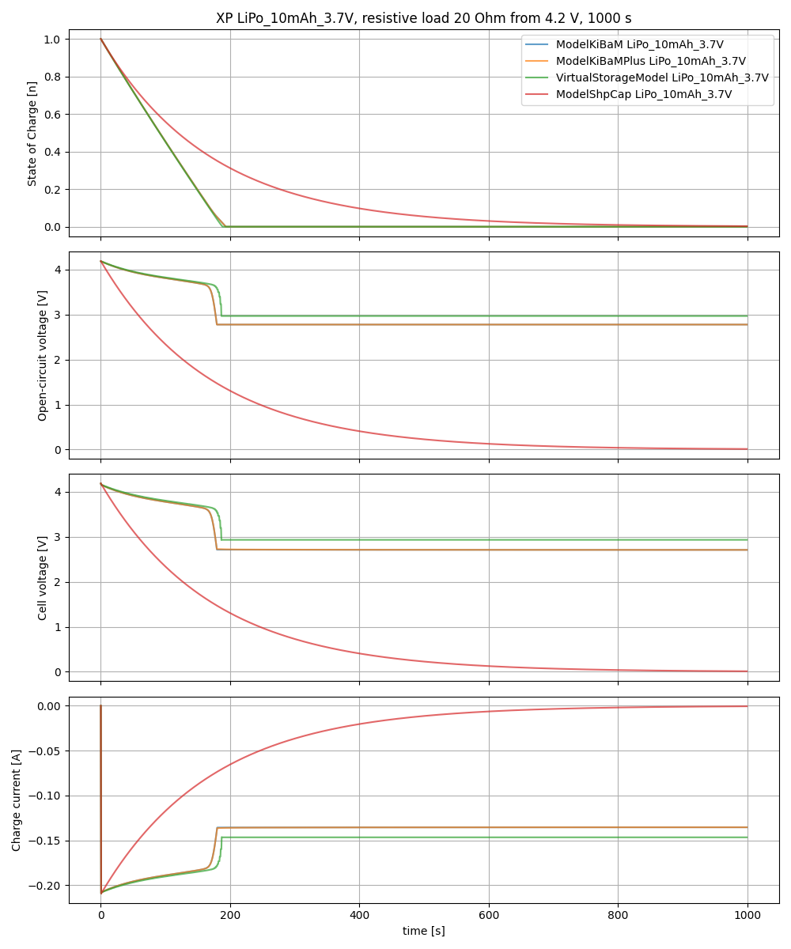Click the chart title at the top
[423, 18]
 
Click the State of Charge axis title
[32, 133]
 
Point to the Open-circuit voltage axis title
[43, 355]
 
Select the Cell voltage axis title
[43, 577]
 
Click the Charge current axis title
[17, 800]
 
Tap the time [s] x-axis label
[423, 931]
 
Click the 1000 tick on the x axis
[747, 915]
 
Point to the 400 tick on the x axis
[359, 915]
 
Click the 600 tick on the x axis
[488, 915]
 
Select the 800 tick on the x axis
[618, 915]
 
